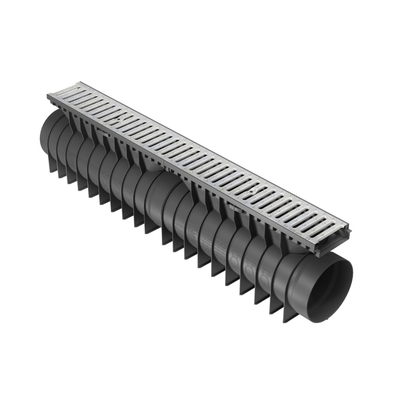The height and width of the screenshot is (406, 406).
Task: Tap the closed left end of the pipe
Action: [47, 137]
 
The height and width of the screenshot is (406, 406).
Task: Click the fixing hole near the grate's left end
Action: [119, 119]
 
